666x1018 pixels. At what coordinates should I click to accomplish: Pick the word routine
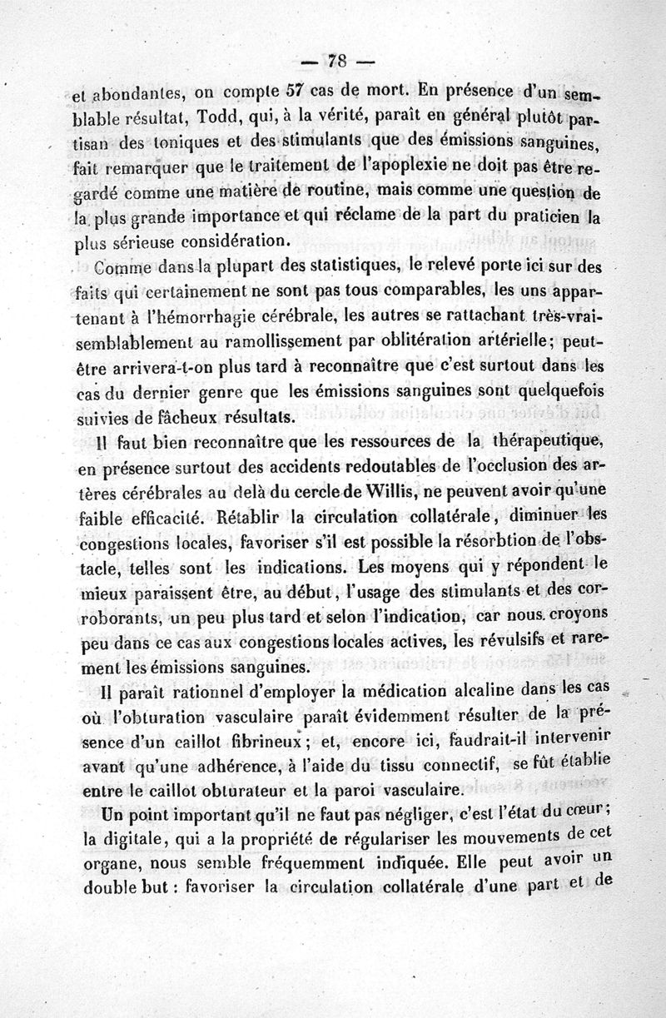tap(331, 185)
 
